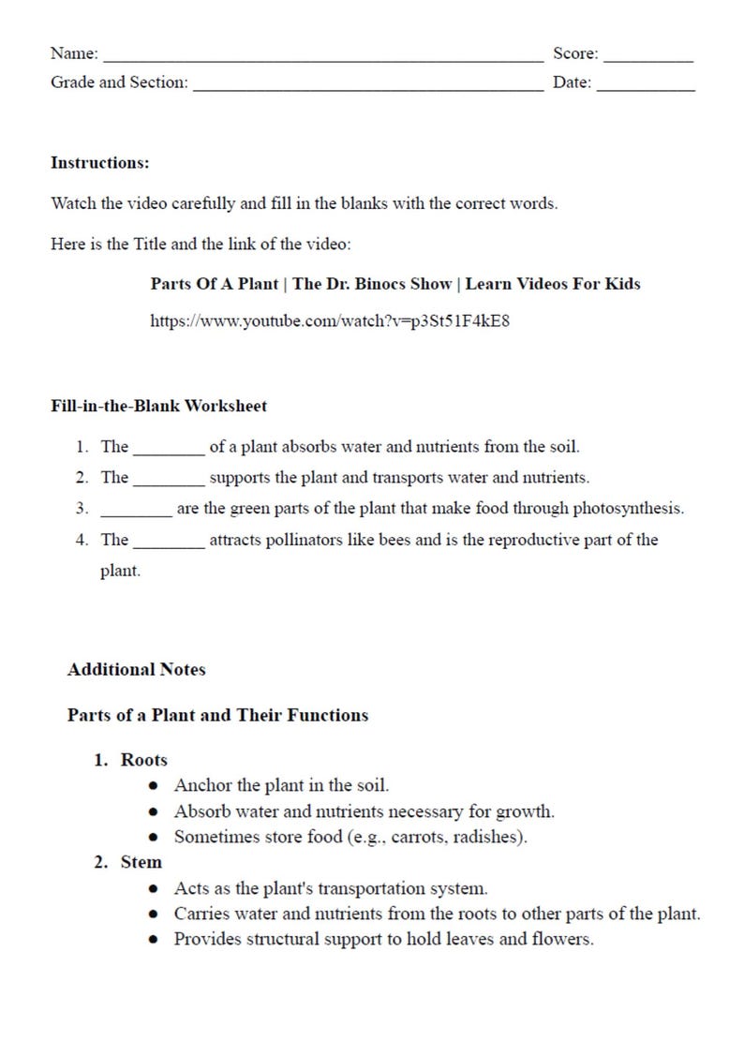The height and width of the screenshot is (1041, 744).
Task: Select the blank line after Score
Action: tap(648, 59)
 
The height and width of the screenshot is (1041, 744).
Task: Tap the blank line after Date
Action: tap(646, 88)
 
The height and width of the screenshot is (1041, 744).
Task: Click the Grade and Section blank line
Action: tap(366, 88)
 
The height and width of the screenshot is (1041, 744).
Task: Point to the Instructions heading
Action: tap(100, 163)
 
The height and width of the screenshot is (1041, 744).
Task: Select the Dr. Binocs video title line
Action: tap(395, 283)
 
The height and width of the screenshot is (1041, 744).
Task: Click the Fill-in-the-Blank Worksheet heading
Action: tap(158, 406)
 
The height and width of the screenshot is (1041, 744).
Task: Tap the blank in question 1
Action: tap(169, 451)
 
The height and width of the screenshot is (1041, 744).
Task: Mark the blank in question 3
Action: tap(136, 513)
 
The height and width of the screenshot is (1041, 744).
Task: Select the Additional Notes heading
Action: tap(137, 670)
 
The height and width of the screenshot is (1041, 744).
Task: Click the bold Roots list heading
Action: tap(144, 761)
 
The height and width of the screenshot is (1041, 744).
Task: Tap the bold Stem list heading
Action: tap(141, 862)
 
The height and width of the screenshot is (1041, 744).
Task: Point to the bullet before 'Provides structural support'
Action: tap(154, 940)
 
